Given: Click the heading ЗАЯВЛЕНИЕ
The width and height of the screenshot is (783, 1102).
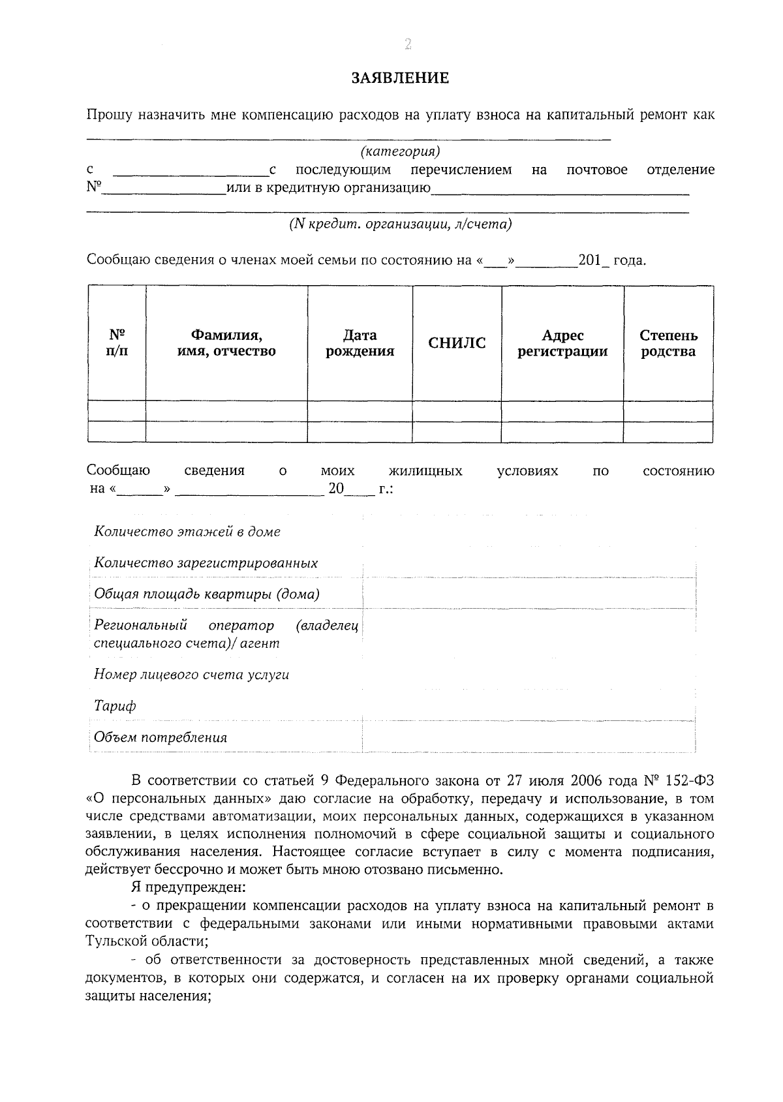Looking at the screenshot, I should pyautogui.click(x=401, y=79).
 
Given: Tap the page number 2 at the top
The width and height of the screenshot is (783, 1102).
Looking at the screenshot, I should pyautogui.click(x=408, y=44).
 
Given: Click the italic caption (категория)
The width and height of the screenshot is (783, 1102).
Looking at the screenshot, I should pyautogui.click(x=401, y=152).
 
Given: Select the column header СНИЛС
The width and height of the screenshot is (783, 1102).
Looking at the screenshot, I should pyautogui.click(x=457, y=343).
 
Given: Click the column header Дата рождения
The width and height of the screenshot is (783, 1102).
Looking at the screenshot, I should pyautogui.click(x=360, y=343).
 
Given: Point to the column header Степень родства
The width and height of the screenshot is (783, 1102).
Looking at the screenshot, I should pyautogui.click(x=668, y=343).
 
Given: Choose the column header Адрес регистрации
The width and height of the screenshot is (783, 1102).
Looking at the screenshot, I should pyautogui.click(x=562, y=343).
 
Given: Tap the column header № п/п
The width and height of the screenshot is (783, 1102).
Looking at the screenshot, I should pyautogui.click(x=117, y=343).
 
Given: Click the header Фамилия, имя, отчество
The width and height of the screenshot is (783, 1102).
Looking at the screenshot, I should pyautogui.click(x=226, y=343).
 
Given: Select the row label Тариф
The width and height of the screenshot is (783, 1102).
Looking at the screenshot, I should pyautogui.click(x=115, y=706).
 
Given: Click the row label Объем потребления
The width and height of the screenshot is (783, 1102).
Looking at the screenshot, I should pyautogui.click(x=161, y=738).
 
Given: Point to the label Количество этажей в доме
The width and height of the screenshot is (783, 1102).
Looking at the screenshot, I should pyautogui.click(x=187, y=532).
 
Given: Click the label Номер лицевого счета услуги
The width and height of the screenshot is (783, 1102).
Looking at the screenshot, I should pyautogui.click(x=191, y=675).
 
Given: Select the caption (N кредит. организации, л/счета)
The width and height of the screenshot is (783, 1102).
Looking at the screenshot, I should pyautogui.click(x=401, y=224).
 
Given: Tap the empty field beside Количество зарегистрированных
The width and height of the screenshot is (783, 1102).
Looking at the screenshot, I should pyautogui.click(x=529, y=563).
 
